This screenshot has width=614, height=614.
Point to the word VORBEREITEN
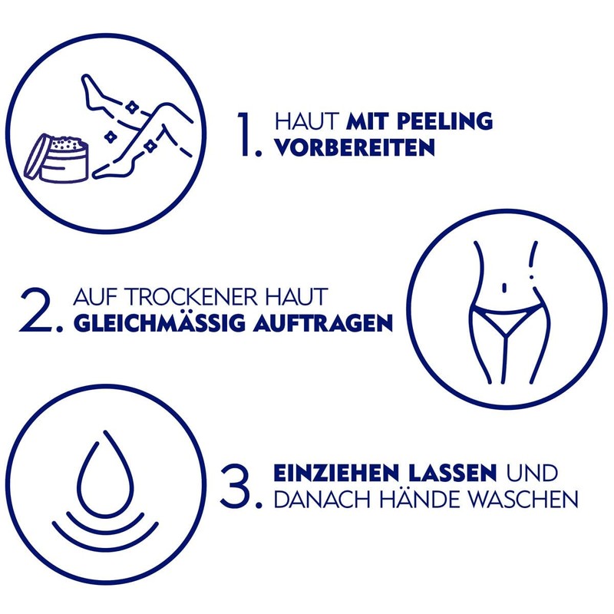pyautogui.click(x=355, y=147)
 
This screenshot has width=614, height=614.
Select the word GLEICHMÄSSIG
pyautogui.click(x=160, y=322)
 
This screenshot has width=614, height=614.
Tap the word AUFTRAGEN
pyautogui.click(x=322, y=322)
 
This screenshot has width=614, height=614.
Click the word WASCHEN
pyautogui.click(x=522, y=498)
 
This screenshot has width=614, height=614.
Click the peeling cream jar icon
pyautogui.click(x=61, y=158)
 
